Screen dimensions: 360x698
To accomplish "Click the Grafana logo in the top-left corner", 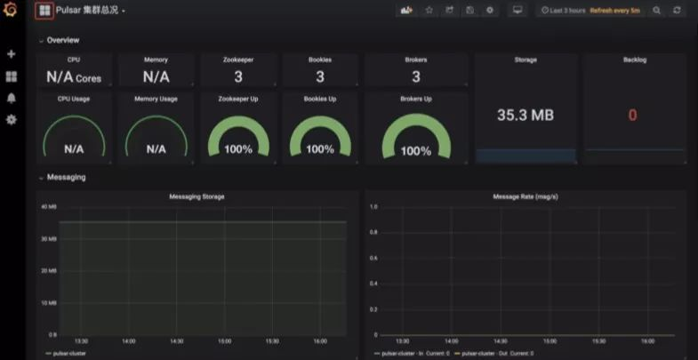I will click(x=11, y=11).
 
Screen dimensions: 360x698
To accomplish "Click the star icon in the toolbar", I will click(x=429, y=11).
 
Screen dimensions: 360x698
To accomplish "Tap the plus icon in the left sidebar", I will click(x=12, y=53).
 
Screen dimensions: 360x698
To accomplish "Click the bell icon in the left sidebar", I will click(x=12, y=98).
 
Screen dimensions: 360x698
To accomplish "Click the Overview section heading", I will click(x=62, y=40).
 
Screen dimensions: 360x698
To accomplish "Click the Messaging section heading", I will click(x=66, y=177).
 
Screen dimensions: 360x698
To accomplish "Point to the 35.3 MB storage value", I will click(x=526, y=115).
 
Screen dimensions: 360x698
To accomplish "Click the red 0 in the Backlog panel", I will click(x=633, y=115).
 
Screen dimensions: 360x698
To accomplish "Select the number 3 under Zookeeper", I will click(x=238, y=77).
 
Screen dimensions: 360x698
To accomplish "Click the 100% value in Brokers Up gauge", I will click(x=415, y=150).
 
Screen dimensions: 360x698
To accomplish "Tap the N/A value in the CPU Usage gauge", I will click(x=74, y=149).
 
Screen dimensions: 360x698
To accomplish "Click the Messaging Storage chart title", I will click(x=197, y=196).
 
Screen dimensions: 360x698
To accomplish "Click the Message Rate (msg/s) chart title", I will click(x=525, y=196).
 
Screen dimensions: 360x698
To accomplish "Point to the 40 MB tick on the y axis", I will click(x=49, y=207).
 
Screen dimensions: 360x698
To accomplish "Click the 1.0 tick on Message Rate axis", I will click(x=373, y=207).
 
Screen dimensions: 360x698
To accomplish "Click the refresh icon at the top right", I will click(x=678, y=11).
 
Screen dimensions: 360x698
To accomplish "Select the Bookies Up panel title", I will click(x=320, y=99).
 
